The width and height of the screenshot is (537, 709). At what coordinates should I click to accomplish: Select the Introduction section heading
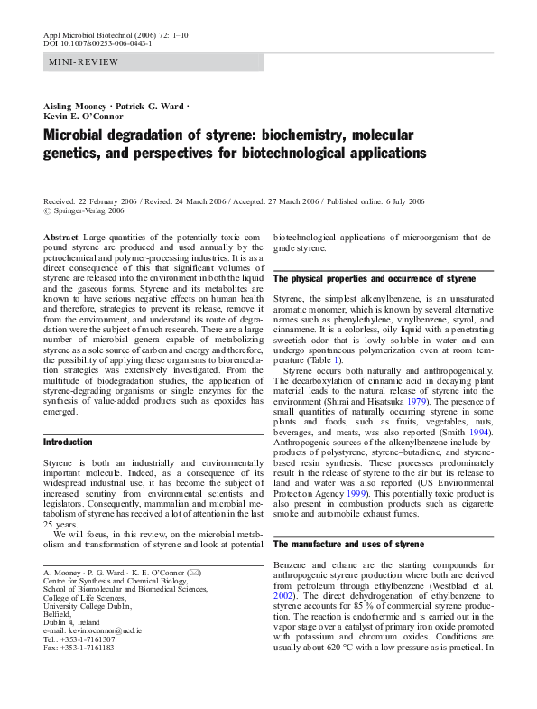69,443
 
